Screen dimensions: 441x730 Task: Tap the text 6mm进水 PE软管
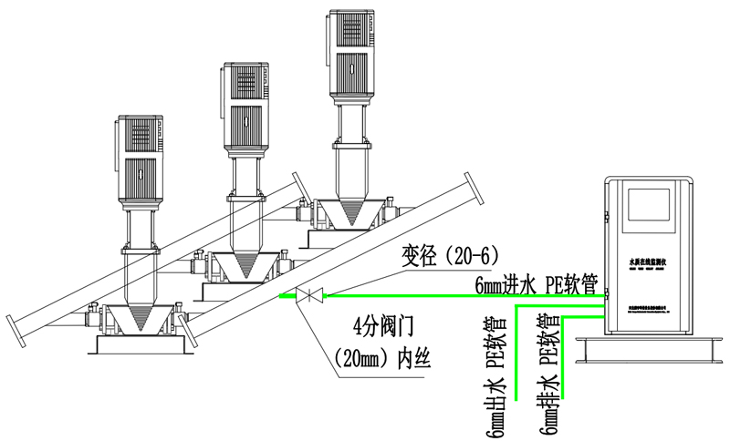coord(536,284)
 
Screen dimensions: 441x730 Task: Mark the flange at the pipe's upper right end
coord(479,194)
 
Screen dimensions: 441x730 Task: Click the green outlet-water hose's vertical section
coord(518,360)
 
